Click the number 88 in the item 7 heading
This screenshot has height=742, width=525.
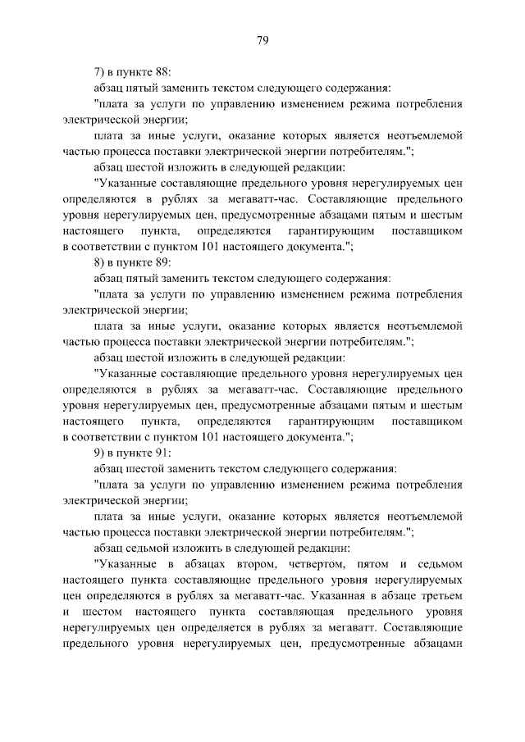[x=161, y=71]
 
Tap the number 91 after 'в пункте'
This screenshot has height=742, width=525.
[x=161, y=452]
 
